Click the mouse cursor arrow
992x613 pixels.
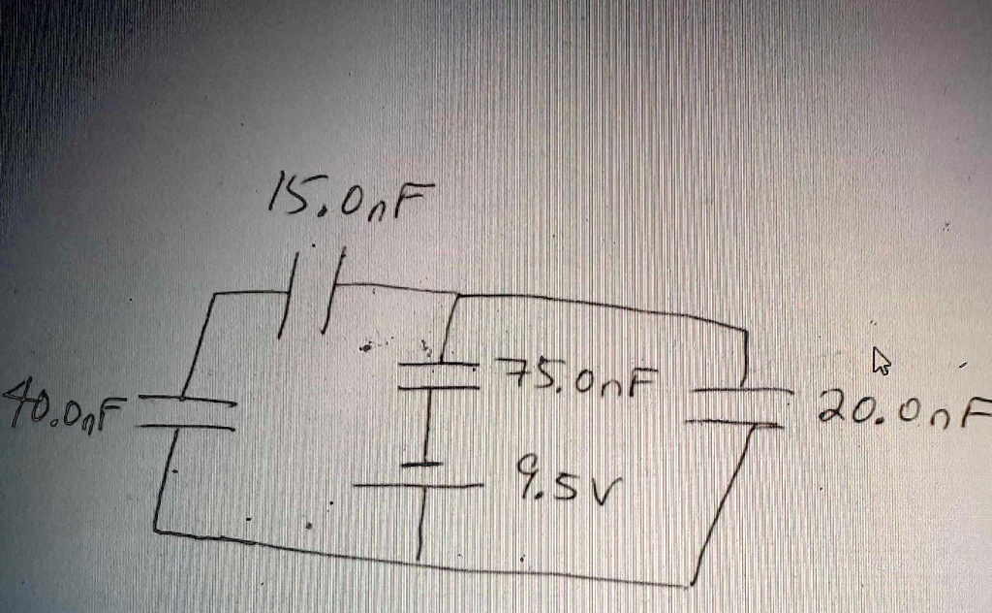(x=881, y=362)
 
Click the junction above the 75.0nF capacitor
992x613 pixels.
(x=456, y=294)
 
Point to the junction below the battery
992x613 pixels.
(x=420, y=559)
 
